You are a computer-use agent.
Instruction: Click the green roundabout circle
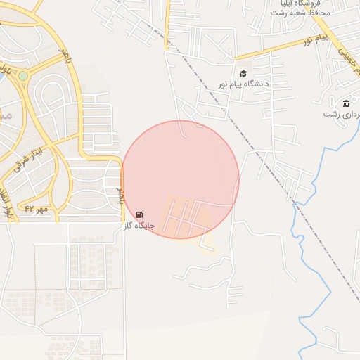tap(22, 75)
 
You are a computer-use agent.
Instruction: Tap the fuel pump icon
tap(139, 215)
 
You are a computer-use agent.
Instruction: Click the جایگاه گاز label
tap(139, 226)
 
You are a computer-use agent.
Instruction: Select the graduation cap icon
tap(243, 74)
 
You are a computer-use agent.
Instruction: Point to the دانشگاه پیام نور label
tap(243, 84)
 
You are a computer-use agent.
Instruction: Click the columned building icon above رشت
tap(346, 103)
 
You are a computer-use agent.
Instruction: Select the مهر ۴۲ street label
tap(35, 209)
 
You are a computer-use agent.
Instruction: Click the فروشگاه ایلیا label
tap(309, 4)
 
